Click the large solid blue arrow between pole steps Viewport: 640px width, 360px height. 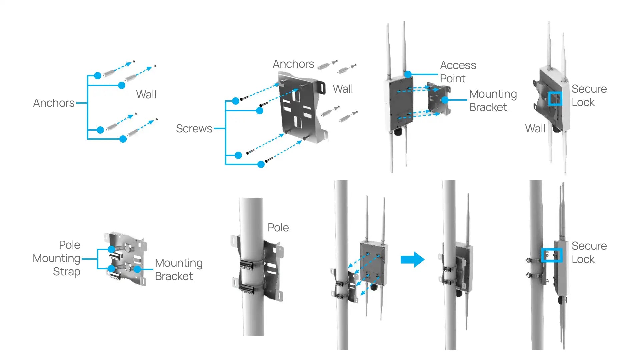coord(412,259)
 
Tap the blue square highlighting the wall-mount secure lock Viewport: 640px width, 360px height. coord(555,99)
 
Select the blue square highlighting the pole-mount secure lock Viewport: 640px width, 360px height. coord(552,255)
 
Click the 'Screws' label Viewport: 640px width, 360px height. coord(194,128)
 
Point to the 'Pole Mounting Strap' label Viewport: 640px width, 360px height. coord(57,258)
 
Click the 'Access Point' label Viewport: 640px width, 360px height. coord(458,72)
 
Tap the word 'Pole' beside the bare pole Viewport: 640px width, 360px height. coord(278,228)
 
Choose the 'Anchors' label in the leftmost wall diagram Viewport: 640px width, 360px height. coord(54,103)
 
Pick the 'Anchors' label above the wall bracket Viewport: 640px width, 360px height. coord(293,64)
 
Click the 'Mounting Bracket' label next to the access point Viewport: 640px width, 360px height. coord(493,101)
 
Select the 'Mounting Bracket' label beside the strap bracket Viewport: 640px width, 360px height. coord(178,269)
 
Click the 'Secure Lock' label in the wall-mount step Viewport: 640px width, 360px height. coord(589,96)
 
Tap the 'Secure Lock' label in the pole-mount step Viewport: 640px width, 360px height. coord(589,253)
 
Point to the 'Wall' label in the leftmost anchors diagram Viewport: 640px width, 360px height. coord(146,95)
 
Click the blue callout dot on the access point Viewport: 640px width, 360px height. coord(408,74)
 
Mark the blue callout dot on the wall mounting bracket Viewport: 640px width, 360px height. coord(445,100)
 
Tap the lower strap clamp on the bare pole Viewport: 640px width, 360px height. coord(247,289)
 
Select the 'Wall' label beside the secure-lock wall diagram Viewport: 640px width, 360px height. coord(535,129)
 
